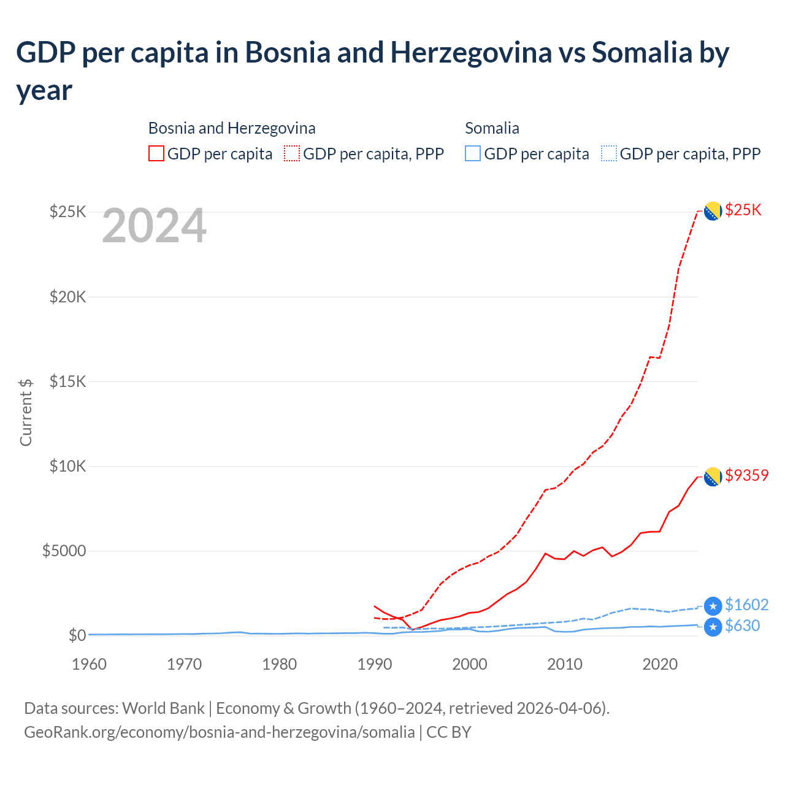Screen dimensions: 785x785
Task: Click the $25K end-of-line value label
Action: click(x=743, y=210)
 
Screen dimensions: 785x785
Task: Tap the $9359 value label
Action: click(x=746, y=475)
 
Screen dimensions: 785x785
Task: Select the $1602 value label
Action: click(x=746, y=605)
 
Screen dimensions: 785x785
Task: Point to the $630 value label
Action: click(x=742, y=626)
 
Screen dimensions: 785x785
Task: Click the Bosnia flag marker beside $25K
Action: click(x=713, y=211)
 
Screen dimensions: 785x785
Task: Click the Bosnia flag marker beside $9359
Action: click(x=713, y=477)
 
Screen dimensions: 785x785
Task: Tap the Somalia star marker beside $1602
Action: click(x=713, y=607)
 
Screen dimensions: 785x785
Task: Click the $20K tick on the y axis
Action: click(x=67, y=297)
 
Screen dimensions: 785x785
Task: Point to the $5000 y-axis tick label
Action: click(x=64, y=551)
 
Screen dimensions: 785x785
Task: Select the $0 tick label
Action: click(x=77, y=635)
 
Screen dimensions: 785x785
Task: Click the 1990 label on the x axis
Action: click(x=374, y=664)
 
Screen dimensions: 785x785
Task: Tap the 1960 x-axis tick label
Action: click(x=89, y=664)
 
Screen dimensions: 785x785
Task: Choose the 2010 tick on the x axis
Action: click(x=564, y=664)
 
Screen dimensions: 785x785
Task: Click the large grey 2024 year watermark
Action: click(x=154, y=226)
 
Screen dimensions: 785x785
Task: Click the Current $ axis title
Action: click(x=26, y=412)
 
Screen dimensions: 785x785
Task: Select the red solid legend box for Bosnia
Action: click(x=156, y=153)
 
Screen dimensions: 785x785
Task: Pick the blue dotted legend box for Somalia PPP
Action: click(x=609, y=153)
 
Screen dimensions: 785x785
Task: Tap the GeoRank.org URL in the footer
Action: click(x=219, y=732)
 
